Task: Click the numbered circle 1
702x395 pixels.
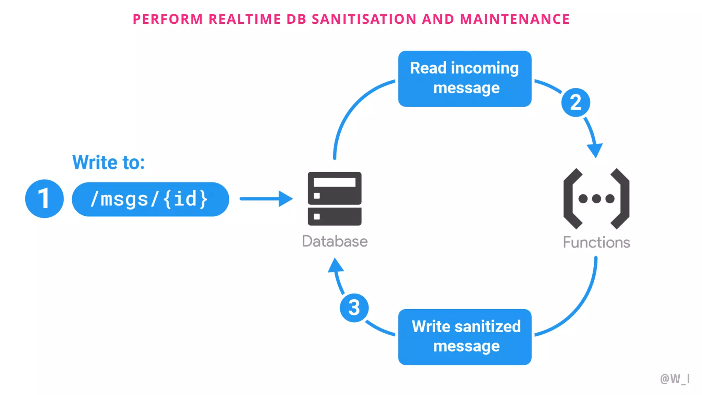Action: point(44,199)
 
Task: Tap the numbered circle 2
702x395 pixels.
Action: point(576,102)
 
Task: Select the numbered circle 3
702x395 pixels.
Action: point(354,308)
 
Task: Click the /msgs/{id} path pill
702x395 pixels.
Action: point(150,199)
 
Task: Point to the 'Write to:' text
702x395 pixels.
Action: point(108,162)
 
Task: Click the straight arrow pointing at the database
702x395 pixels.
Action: point(266,199)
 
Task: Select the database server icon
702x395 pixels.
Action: point(335,199)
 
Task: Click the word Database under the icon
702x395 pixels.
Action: point(335,241)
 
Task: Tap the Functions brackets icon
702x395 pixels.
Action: point(596,199)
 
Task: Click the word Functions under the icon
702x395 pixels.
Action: point(596,242)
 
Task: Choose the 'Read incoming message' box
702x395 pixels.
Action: point(464,79)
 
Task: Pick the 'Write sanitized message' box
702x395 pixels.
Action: point(464,337)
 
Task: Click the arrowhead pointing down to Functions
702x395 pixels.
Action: point(595,150)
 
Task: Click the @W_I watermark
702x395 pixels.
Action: point(675,379)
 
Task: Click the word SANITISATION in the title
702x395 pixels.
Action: point(364,19)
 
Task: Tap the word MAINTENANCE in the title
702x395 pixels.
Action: point(515,19)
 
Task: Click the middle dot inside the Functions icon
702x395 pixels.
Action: point(596,199)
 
